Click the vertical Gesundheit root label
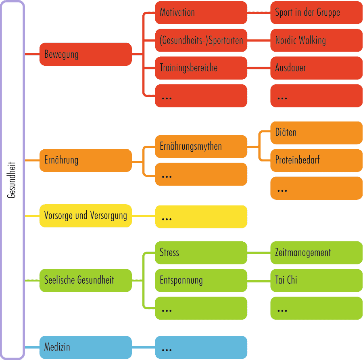click(x=12, y=180)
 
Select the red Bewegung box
click(x=86, y=54)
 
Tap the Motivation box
click(x=201, y=13)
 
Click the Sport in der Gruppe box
click(x=316, y=13)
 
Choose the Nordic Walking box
click(x=316, y=40)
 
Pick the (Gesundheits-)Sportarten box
click(x=201, y=40)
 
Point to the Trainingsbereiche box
click(x=201, y=68)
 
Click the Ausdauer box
click(x=316, y=68)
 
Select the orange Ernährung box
click(x=86, y=160)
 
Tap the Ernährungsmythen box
click(x=201, y=147)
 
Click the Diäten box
click(x=316, y=133)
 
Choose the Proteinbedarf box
click(x=316, y=160)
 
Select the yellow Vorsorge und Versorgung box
click(x=86, y=216)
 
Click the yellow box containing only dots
click(x=201, y=217)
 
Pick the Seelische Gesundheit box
click(x=86, y=280)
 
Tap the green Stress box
click(x=201, y=253)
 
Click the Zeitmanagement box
click(x=316, y=253)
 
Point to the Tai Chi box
click(x=316, y=280)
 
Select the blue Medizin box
click(x=86, y=347)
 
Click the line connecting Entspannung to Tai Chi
click(x=259, y=280)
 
